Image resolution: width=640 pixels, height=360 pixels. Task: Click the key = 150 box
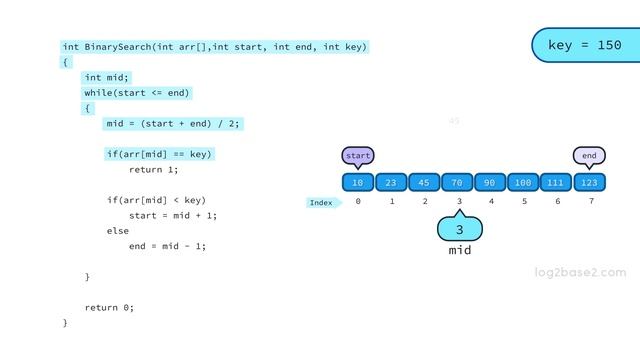pos(584,45)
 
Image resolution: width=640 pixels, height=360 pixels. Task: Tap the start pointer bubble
pos(357,156)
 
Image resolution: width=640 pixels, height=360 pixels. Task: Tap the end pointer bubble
pos(589,156)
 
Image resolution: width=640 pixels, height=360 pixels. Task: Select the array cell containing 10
pos(358,182)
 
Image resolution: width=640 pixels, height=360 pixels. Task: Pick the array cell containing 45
pos(424,182)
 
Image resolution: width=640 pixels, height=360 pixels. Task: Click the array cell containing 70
pos(457,182)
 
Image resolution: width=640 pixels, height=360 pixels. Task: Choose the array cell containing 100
pos(523,182)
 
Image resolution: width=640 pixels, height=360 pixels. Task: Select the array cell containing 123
pos(589,182)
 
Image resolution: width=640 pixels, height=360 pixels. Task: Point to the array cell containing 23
pos(391,182)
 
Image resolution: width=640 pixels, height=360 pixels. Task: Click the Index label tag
pos(322,203)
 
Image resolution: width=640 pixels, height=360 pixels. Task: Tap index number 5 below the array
pos(524,202)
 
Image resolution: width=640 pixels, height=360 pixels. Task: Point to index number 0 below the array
pos(358,202)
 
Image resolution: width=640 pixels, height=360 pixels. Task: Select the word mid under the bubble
pos(459,251)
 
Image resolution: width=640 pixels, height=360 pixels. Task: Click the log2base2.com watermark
pos(580,272)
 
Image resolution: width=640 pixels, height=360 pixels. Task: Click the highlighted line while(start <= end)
pos(137,93)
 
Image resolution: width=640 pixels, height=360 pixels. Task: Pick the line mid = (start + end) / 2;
pos(173,124)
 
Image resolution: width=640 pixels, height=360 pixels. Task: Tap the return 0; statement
pos(109,307)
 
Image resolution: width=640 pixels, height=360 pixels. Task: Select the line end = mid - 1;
pos(167,246)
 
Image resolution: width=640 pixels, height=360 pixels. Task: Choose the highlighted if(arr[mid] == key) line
pos(159,154)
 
